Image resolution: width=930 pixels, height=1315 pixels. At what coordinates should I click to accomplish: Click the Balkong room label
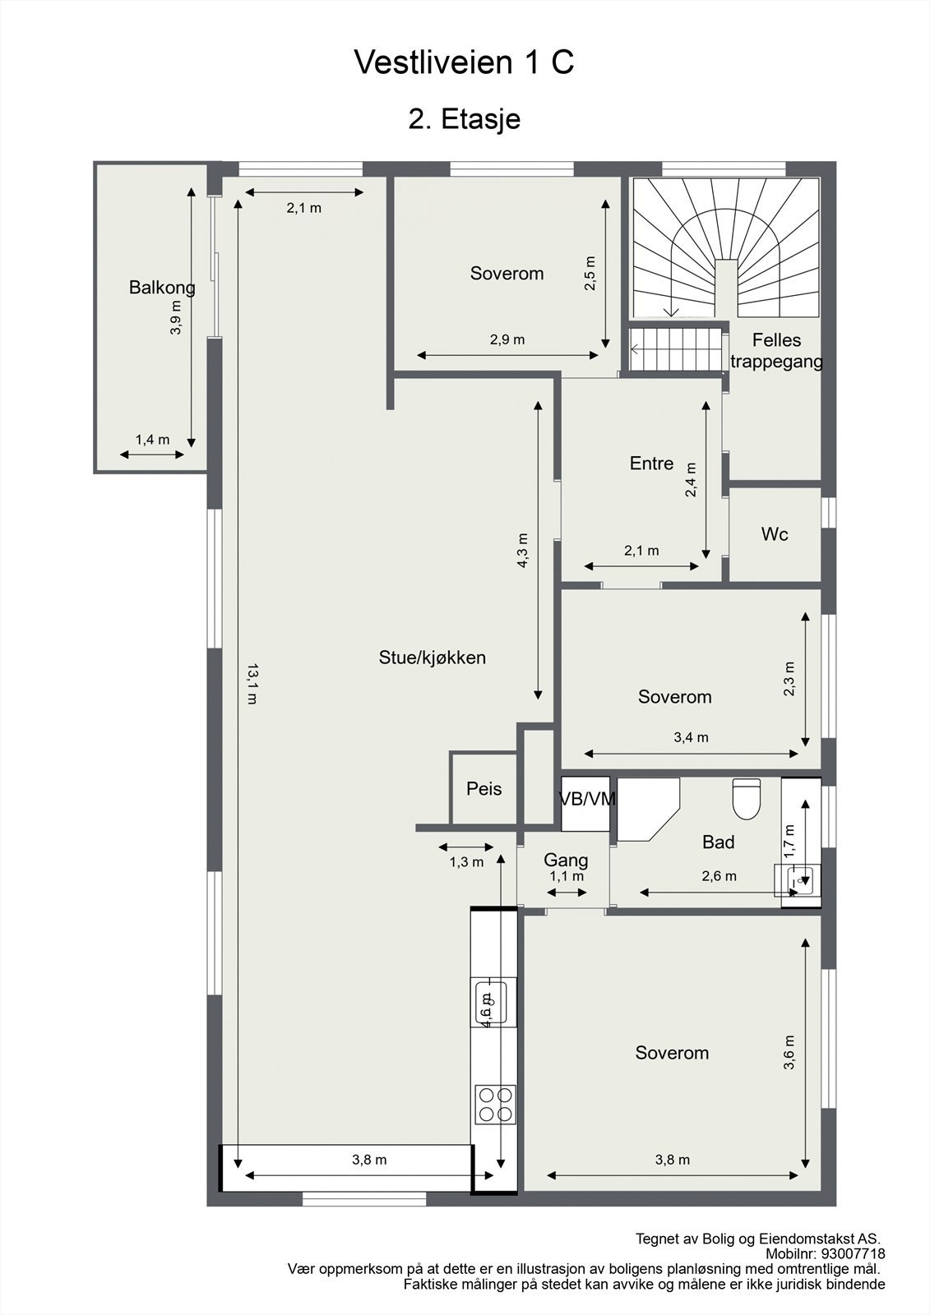coord(162,288)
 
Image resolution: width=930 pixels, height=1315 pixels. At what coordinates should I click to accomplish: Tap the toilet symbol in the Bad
coord(747,800)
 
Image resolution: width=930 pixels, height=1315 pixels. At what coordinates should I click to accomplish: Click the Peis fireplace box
coord(484,788)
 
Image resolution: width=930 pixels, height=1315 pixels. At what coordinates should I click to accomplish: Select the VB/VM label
coord(586,799)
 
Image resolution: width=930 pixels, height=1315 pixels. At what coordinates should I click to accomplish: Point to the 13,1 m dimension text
coord(252,683)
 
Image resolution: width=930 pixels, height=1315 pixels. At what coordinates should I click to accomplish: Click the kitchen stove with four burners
coord(495,1104)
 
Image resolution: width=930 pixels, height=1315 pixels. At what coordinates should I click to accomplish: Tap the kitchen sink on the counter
coord(489,1002)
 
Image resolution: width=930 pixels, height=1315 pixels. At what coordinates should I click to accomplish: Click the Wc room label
coord(774,534)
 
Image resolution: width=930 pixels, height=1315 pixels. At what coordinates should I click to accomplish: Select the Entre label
coord(651,464)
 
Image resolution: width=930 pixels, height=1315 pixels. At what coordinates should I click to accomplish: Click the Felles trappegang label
coord(775,351)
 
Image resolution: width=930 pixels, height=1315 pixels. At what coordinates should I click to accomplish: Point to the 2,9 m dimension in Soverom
coord(507,339)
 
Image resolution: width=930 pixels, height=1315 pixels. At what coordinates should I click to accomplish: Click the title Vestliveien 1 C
coord(464,62)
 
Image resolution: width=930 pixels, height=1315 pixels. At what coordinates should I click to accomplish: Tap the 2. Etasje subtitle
coord(464,119)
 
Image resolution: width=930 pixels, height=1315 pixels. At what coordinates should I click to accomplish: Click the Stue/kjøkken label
coord(432,657)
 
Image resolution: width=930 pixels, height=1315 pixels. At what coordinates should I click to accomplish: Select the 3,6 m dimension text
coord(789,1052)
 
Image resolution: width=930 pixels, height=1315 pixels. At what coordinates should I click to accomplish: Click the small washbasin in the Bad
coord(795,880)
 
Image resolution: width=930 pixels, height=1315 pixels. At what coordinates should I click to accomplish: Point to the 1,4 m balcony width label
coord(152,440)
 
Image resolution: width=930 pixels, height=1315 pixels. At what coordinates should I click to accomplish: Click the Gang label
coord(566,860)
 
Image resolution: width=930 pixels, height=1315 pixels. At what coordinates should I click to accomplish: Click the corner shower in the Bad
coord(645,807)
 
